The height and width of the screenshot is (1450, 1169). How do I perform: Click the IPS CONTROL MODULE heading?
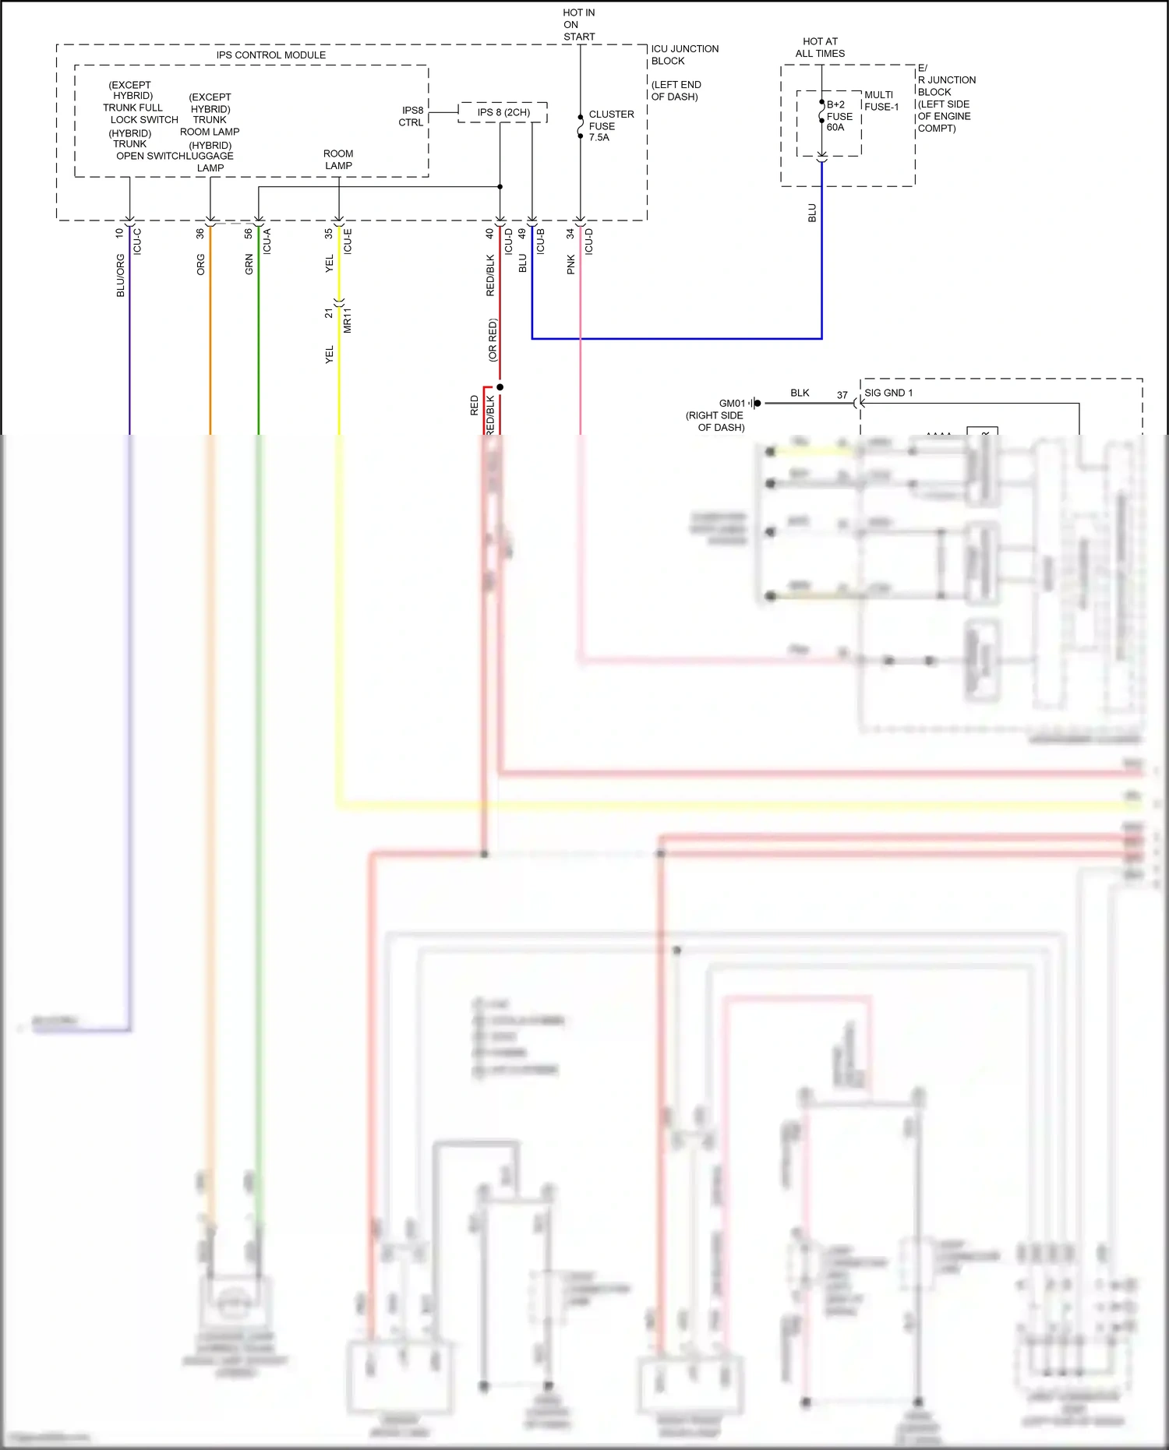click(x=271, y=55)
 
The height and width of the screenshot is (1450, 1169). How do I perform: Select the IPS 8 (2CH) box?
click(x=503, y=112)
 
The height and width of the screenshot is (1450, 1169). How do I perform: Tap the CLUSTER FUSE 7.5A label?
click(x=610, y=125)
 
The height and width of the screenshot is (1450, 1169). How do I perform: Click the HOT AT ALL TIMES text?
click(x=820, y=48)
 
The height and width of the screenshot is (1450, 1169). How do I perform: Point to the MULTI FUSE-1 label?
click(x=881, y=101)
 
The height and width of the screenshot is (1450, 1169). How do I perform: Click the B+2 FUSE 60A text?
click(x=839, y=116)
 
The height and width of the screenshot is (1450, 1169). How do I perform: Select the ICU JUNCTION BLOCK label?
click(x=683, y=55)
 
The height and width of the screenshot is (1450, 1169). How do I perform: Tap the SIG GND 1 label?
click(x=888, y=393)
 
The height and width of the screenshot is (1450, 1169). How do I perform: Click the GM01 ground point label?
click(x=731, y=404)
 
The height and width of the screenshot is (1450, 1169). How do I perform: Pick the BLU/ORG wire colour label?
click(x=120, y=275)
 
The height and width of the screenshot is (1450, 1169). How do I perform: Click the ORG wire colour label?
click(x=201, y=264)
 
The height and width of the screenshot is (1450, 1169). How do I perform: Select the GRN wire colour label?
click(x=249, y=264)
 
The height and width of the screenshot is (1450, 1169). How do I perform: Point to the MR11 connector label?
click(x=348, y=320)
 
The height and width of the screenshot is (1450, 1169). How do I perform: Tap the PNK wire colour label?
click(x=571, y=264)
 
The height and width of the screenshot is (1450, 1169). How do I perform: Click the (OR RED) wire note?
click(x=493, y=340)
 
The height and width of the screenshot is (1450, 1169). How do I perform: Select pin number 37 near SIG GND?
click(x=842, y=395)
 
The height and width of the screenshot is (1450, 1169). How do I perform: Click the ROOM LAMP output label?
click(x=338, y=160)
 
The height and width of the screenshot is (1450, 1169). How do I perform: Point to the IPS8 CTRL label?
click(x=411, y=116)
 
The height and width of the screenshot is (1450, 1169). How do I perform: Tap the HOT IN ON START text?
click(x=578, y=25)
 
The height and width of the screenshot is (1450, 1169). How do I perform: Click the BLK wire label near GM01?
click(x=800, y=393)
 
